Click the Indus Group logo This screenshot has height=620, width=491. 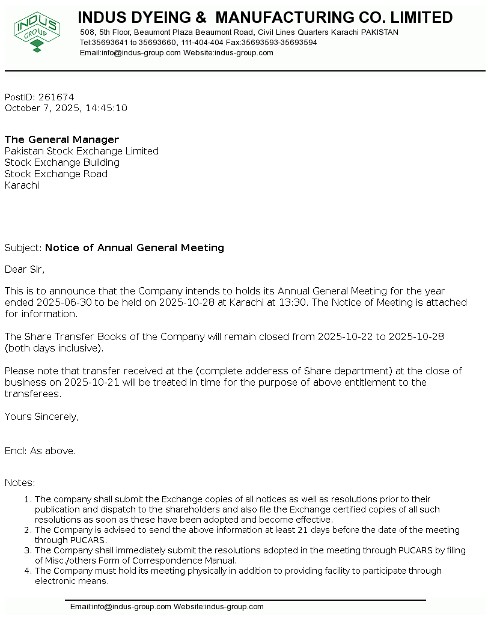pos(37,31)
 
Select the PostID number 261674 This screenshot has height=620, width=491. pos(56,97)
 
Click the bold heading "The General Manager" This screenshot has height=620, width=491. pos(62,140)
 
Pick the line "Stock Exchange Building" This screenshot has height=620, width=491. pos(62,162)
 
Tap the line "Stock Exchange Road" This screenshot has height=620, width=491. pos(56,174)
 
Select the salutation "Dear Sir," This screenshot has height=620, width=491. pos(25,269)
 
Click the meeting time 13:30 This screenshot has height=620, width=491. pos(293,302)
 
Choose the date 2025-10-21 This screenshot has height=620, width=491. pos(78,382)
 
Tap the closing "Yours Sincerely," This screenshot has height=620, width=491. pos(41,416)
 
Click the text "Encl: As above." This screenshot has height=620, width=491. pos(40,451)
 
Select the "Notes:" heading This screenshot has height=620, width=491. pos(20,482)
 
